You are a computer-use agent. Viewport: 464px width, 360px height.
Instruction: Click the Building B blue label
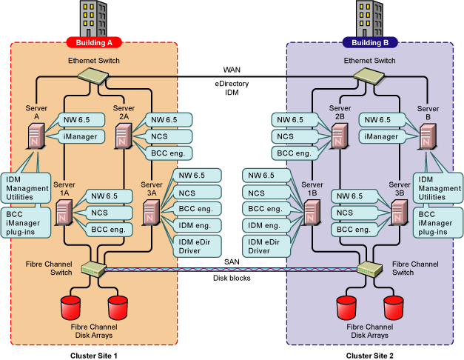pyautogui.click(x=370, y=42)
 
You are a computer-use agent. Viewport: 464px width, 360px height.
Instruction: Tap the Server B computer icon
pyautogui.click(x=427, y=136)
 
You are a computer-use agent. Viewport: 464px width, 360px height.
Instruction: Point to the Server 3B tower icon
pyautogui.click(x=400, y=214)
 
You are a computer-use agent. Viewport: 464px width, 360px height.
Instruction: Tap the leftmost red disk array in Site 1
pyautogui.click(x=71, y=305)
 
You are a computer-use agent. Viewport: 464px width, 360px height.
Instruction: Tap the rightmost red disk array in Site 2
pyautogui.click(x=393, y=305)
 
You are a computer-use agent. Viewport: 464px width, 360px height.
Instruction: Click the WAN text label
pyautogui.click(x=232, y=69)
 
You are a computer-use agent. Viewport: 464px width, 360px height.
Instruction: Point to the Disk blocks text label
pyautogui.click(x=231, y=279)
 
